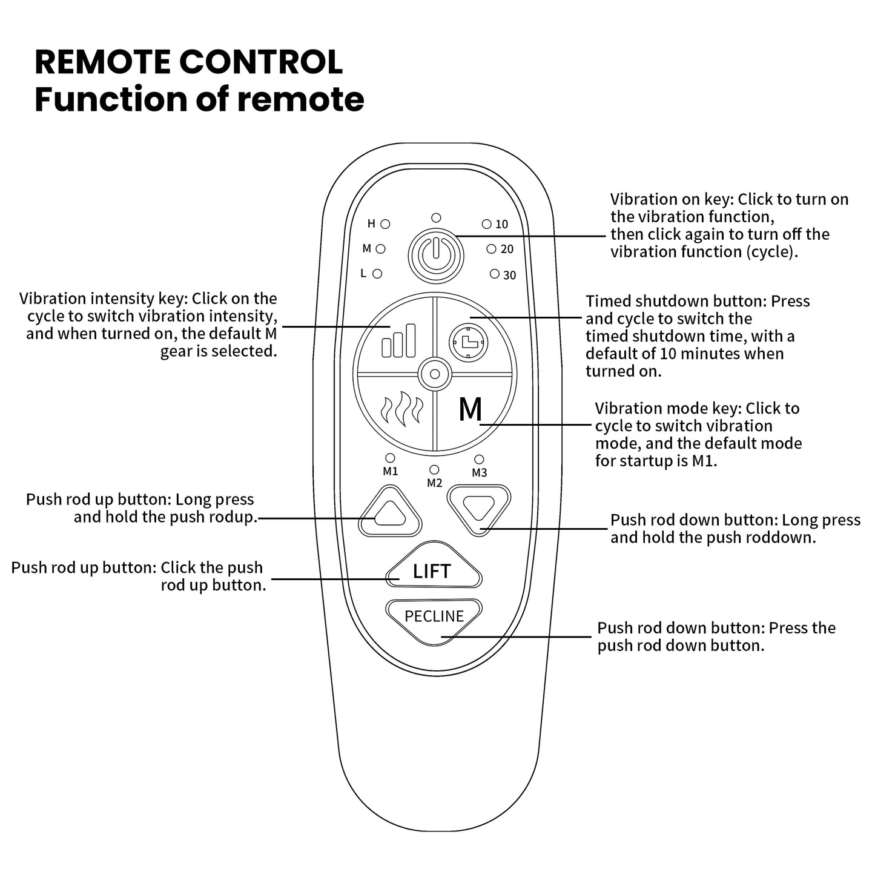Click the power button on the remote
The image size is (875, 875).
click(x=435, y=255)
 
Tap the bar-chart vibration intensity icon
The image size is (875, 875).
click(x=398, y=340)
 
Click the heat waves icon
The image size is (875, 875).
click(x=400, y=410)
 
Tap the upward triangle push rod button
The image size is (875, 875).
click(x=389, y=512)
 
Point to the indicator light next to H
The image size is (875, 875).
click(x=385, y=224)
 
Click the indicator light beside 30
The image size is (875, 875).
click(x=495, y=274)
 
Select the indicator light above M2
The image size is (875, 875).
click(x=434, y=470)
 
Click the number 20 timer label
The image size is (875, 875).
click(x=507, y=249)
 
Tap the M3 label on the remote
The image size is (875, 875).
click(x=479, y=473)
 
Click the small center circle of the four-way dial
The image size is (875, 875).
click(x=434, y=374)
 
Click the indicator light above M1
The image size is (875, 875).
click(x=390, y=458)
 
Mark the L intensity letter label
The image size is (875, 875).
click(x=363, y=274)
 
